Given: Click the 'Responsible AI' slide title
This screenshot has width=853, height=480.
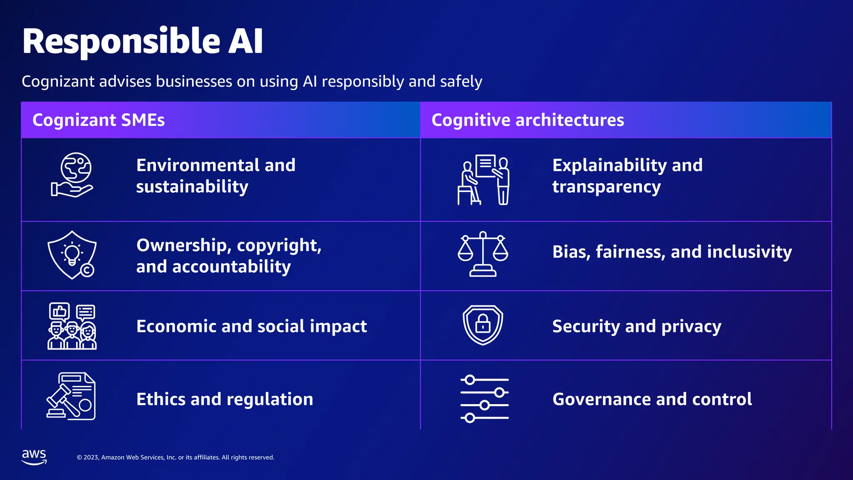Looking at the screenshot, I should tap(142, 41).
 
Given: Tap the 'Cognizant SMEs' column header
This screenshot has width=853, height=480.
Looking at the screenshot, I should tap(99, 120).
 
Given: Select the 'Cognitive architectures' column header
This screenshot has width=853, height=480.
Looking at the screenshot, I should tap(528, 120).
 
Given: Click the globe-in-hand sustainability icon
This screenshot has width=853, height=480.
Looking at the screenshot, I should tap(72, 175).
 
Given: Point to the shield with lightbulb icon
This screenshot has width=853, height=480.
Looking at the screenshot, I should tap(72, 255).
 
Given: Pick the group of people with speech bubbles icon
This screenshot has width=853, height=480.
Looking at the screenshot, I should tap(72, 326).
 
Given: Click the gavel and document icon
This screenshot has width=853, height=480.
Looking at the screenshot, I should tap(71, 396).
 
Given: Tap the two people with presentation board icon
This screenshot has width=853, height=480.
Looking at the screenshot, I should tap(483, 180).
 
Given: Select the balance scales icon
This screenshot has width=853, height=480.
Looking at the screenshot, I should tap(483, 254).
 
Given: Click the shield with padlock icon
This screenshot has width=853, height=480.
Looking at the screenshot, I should tap(483, 325).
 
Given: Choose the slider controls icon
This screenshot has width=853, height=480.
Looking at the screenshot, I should tap(484, 399).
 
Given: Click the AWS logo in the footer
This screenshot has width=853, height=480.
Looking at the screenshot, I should tap(34, 457).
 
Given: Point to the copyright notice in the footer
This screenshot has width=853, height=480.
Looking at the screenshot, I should tap(175, 457).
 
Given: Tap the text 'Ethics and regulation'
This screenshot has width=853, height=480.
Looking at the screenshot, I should tap(224, 399).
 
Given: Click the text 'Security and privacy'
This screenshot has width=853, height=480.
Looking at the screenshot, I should tap(636, 326).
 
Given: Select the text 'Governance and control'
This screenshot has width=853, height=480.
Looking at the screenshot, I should tap(652, 399).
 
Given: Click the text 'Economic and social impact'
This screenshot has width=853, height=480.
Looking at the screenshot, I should tap(252, 326).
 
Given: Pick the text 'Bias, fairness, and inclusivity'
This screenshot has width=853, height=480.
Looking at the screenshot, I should tap(672, 252).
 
